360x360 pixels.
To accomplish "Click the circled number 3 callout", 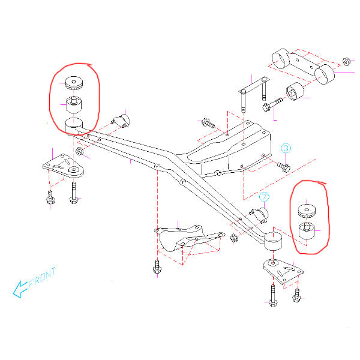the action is (x=286, y=148).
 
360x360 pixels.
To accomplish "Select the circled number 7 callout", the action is (x=264, y=197).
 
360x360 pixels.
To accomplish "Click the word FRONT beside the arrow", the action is (x=43, y=277).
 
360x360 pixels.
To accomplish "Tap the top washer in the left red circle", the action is (x=73, y=83).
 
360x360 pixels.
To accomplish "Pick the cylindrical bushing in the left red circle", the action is (x=74, y=105).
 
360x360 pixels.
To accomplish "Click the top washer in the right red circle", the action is (x=307, y=211).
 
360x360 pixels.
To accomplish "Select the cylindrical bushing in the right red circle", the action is (x=307, y=231).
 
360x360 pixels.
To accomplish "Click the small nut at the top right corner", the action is (x=346, y=62).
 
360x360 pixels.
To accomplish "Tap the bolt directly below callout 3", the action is (x=284, y=167).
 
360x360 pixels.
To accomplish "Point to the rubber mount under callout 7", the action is (x=260, y=215).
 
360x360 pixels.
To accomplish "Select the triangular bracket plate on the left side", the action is (x=63, y=166).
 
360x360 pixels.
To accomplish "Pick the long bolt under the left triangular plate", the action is (x=73, y=193).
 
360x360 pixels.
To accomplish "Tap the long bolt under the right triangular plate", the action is (x=273, y=295).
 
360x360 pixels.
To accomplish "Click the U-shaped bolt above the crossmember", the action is (x=254, y=94).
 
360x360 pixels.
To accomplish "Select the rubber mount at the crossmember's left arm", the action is (x=121, y=121).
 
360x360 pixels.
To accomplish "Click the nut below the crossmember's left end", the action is (x=79, y=151).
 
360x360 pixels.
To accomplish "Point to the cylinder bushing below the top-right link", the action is (x=295, y=91).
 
